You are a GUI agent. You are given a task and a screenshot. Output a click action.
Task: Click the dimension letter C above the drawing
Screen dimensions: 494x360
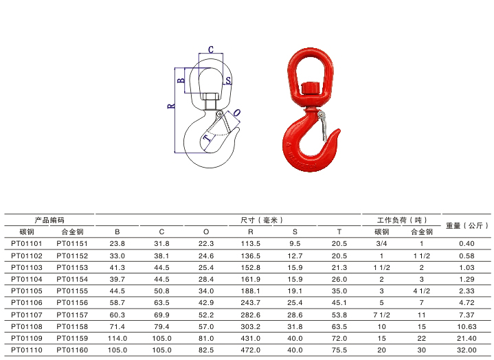click(211, 49)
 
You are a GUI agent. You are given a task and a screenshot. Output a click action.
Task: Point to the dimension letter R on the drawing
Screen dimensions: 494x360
click(171, 106)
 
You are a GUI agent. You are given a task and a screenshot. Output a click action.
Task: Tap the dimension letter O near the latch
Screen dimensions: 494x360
click(237, 113)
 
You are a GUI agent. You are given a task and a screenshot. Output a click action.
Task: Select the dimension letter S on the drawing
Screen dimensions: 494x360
click(228, 80)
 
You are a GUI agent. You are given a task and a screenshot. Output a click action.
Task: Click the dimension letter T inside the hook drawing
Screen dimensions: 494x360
click(207, 138)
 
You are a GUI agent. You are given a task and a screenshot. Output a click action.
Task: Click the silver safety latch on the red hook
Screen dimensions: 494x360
click(322, 125)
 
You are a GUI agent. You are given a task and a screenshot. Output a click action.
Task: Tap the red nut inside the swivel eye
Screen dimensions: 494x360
click(311, 88)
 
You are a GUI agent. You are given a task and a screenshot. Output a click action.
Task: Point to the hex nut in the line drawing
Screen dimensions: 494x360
click(209, 96)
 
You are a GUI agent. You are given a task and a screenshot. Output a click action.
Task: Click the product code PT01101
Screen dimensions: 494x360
click(27, 243)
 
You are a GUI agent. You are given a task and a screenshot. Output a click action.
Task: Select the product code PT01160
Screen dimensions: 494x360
click(72, 350)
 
